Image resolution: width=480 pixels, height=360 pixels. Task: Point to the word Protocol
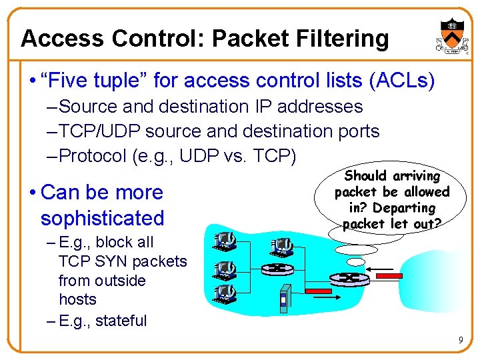point(93,156)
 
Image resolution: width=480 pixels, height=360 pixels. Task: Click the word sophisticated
point(102,218)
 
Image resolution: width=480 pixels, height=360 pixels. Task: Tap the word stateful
point(121,321)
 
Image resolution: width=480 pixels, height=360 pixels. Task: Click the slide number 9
point(461,341)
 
